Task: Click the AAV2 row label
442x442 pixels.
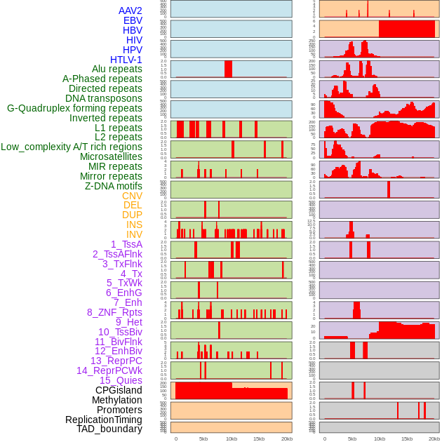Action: [x=130, y=11]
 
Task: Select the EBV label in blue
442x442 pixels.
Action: [x=133, y=20]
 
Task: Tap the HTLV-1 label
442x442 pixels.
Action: [x=126, y=60]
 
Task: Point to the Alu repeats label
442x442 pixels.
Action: [x=117, y=69]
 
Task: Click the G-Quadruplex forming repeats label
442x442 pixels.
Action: [x=74, y=108]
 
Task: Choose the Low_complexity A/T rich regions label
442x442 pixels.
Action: [x=72, y=147]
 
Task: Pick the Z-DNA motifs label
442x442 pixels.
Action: [x=113, y=186]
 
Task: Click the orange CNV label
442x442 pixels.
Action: [x=132, y=196]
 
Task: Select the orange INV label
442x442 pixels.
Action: [x=134, y=234]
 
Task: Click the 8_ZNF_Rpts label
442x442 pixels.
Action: [x=114, y=312]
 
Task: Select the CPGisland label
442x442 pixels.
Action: [x=119, y=390]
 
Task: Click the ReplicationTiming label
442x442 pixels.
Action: [x=103, y=420]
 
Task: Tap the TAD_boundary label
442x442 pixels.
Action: [x=109, y=429]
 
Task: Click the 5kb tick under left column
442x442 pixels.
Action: [x=203, y=438]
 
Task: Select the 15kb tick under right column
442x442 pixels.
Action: [x=407, y=438]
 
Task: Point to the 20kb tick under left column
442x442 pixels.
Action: [x=286, y=438]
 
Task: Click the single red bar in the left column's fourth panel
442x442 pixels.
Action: [x=228, y=69]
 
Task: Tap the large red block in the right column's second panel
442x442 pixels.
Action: [x=407, y=29]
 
